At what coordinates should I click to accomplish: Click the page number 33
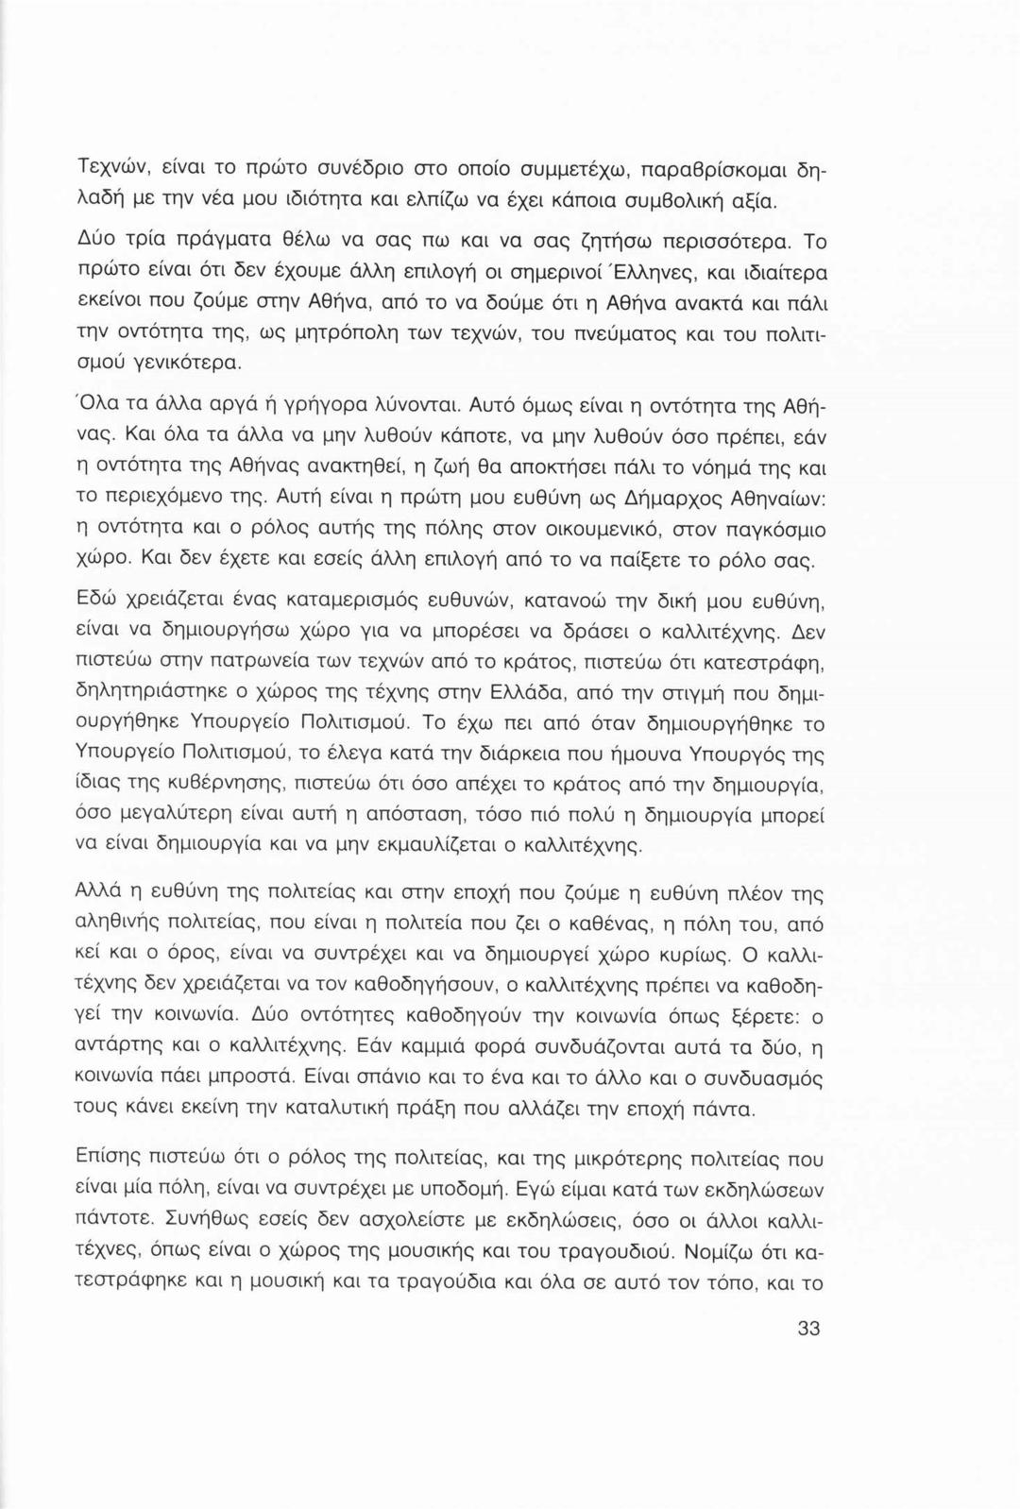807,1329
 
